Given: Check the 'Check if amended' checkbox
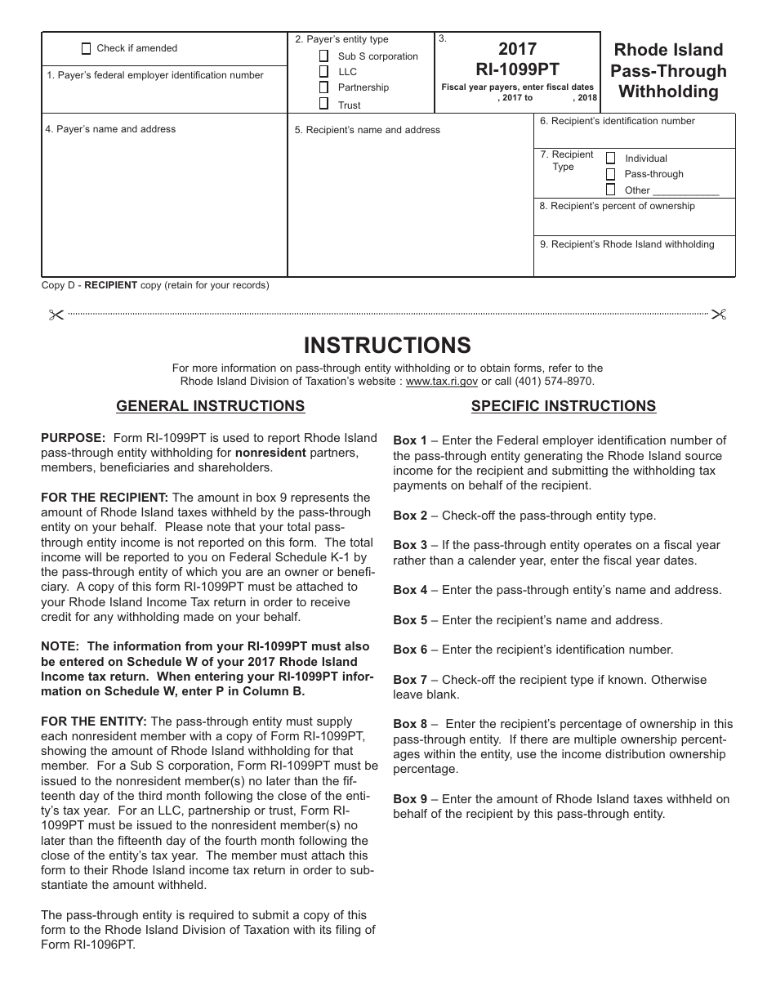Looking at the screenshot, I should click(87, 48).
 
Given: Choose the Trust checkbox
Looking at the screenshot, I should click(323, 104).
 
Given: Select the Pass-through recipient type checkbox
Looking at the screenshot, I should click(610, 174).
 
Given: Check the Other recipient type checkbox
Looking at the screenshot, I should click(610, 190).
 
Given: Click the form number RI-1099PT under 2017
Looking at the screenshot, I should click(517, 69).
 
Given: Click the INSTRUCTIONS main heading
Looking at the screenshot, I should click(387, 345).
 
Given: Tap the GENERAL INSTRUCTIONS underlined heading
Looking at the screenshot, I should click(211, 406).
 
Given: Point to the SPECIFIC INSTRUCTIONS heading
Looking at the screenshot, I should click(564, 406).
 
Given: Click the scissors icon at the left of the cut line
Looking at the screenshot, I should click(56, 314).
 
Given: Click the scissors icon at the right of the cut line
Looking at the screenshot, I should click(719, 314).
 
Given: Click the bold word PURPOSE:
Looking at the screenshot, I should click(74, 438).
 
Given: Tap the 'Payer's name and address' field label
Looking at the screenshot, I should click(110, 129).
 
